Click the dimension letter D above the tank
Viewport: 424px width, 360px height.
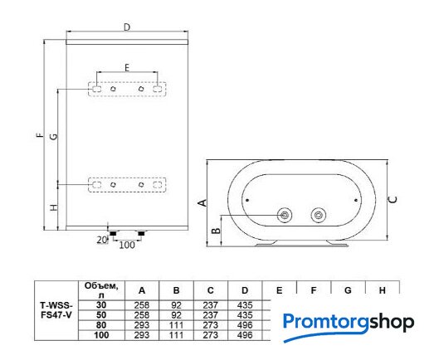click(127, 27)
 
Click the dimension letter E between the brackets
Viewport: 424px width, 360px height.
click(127, 67)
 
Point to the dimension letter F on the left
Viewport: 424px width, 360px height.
click(41, 135)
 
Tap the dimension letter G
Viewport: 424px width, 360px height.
click(54, 136)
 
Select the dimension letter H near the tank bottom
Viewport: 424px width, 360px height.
click(54, 207)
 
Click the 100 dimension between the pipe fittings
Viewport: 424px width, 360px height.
click(127, 245)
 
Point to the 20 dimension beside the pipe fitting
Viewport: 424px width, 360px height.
click(101, 240)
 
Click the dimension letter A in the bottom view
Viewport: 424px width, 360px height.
click(202, 202)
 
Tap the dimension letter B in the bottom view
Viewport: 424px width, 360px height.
click(216, 231)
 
